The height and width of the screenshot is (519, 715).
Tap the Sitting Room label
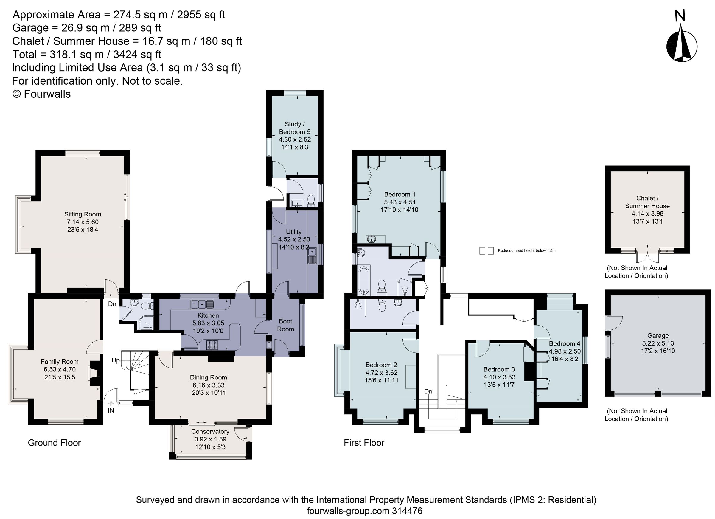coord(83,214)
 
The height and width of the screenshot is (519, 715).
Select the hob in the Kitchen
coord(212,345)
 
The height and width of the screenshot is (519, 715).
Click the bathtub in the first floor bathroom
coord(364,280)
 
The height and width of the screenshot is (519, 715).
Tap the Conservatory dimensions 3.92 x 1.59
coord(210,439)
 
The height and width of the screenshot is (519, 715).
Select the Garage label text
coord(658,335)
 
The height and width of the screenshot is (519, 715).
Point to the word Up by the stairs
coord(115,360)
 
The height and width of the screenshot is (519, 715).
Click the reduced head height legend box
coord(486,251)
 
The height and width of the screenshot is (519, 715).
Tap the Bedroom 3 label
coord(499,369)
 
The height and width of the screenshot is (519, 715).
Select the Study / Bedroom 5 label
coord(294,128)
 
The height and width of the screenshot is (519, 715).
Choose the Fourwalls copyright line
coord(41,94)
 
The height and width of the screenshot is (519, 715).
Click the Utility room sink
coord(313,256)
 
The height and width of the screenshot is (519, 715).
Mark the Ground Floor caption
coord(54,443)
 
